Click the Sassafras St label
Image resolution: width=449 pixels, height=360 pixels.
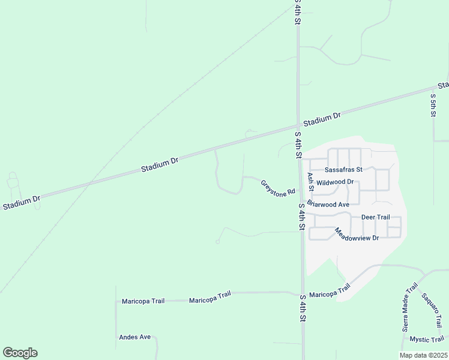pyautogui.click(x=344, y=170)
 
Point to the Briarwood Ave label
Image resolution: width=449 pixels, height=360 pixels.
pyautogui.click(x=328, y=204)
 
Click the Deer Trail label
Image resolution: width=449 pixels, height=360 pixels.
pyautogui.click(x=376, y=217)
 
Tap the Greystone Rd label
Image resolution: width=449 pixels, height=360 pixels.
pyautogui.click(x=278, y=187)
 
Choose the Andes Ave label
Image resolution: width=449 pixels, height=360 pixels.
pyautogui.click(x=135, y=337)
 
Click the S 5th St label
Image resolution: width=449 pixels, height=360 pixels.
pyautogui.click(x=433, y=104)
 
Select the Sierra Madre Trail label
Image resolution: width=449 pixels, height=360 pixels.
pyautogui.click(x=409, y=307)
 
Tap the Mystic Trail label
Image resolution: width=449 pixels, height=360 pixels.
pyautogui.click(x=426, y=340)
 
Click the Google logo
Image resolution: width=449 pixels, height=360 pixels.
pyautogui.click(x=20, y=353)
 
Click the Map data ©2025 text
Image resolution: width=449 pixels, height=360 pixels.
pyautogui.click(x=423, y=355)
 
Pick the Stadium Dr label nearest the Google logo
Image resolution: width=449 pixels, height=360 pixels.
pyautogui.click(x=21, y=203)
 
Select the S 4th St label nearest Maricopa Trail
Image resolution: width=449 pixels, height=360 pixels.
pyautogui.click(x=303, y=310)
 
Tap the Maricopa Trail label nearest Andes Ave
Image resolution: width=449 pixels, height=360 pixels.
pyautogui.click(x=143, y=301)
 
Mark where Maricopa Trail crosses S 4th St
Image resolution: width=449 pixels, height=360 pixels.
pyautogui.click(x=303, y=293)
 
